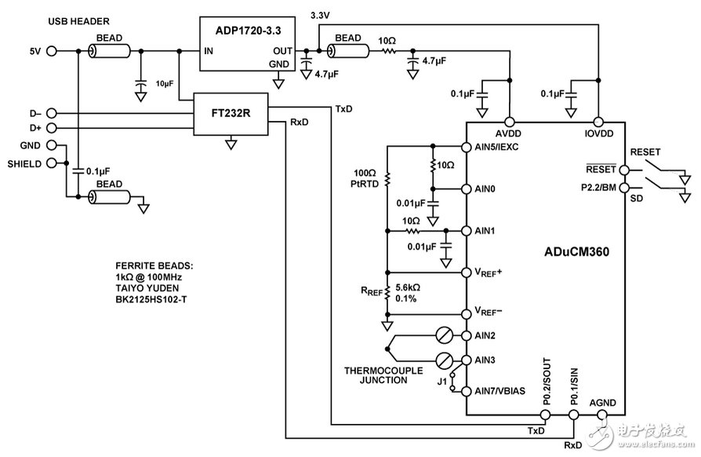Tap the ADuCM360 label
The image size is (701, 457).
[578, 253]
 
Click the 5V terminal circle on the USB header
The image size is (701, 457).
[53, 52]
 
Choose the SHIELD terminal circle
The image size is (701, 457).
[53, 163]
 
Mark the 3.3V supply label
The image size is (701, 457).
[321, 16]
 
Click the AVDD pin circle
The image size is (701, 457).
[510, 122]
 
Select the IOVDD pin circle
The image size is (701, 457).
[598, 122]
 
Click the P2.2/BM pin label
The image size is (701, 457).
[597, 187]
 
